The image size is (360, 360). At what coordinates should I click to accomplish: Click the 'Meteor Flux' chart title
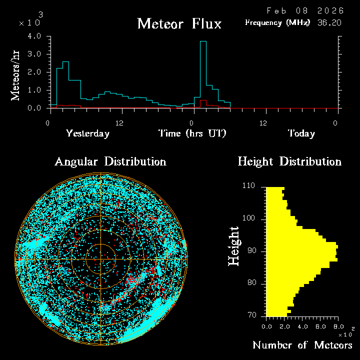(179, 23)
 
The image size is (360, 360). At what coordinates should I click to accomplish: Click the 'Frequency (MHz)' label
(277, 23)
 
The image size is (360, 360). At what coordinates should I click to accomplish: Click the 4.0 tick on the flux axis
(34, 36)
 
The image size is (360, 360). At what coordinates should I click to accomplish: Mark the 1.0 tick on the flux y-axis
(34, 90)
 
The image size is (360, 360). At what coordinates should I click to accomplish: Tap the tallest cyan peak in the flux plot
(203, 42)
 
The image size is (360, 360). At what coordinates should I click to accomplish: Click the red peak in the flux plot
(203, 101)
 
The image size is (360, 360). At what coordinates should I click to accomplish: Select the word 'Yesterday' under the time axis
(87, 133)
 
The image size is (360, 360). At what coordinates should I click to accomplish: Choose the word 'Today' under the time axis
(301, 133)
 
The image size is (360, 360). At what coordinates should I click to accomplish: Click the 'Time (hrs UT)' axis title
(192, 133)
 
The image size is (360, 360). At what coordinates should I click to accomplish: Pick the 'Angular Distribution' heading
(110, 161)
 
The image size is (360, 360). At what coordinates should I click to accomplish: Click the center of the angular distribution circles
(101, 259)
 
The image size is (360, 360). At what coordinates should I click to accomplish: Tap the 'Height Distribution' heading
(289, 161)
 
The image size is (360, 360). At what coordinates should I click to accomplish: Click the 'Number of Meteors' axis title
(302, 345)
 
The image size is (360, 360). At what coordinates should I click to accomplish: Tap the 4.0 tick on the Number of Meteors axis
(302, 326)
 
